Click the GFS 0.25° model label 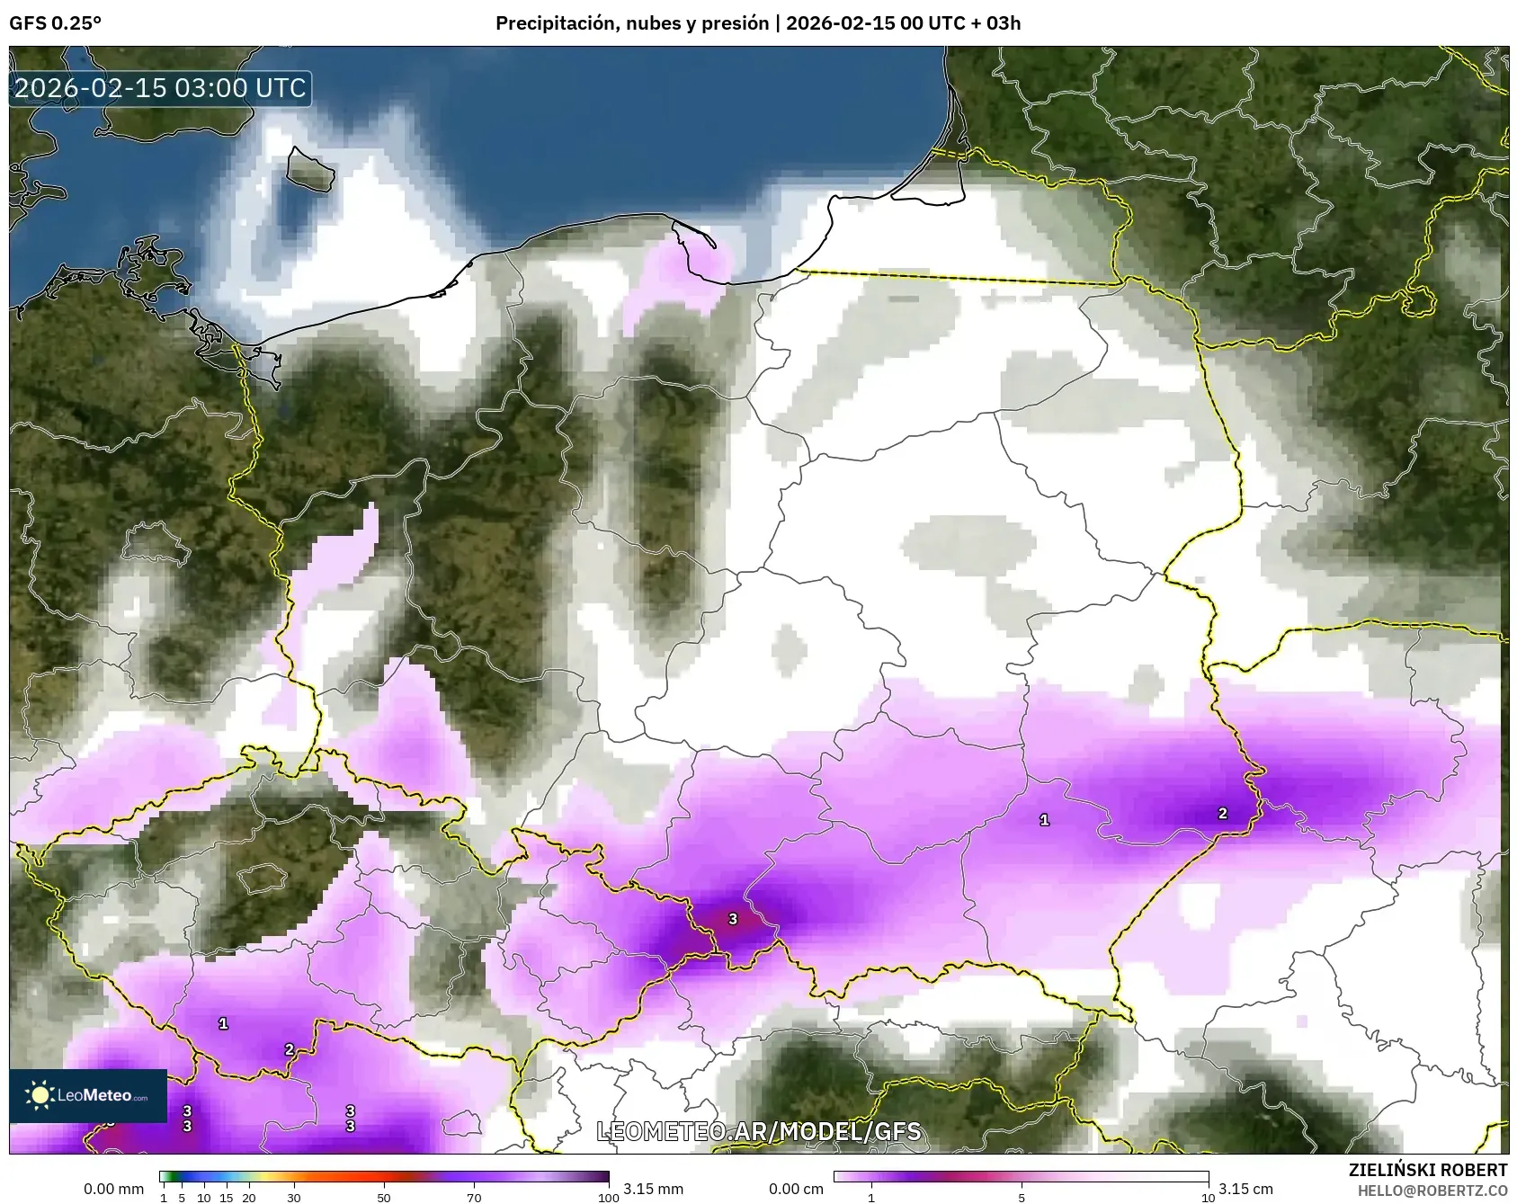click(55, 23)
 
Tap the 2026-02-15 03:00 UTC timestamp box click(160, 88)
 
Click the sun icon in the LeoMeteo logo click(40, 1095)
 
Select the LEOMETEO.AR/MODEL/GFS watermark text click(759, 1131)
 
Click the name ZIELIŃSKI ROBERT click(1428, 1170)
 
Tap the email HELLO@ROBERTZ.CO click(1432, 1191)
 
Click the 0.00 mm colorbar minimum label click(113, 1189)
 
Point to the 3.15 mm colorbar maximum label click(653, 1189)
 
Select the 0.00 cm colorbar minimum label click(796, 1189)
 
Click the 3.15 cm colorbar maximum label click(1245, 1189)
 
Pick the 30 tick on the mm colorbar click(294, 1198)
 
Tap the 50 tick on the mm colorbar click(384, 1198)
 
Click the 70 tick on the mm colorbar click(474, 1198)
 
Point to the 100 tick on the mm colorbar click(609, 1198)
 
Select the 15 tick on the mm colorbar click(227, 1198)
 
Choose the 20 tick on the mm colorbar click(249, 1198)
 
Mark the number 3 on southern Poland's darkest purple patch click(733, 919)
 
